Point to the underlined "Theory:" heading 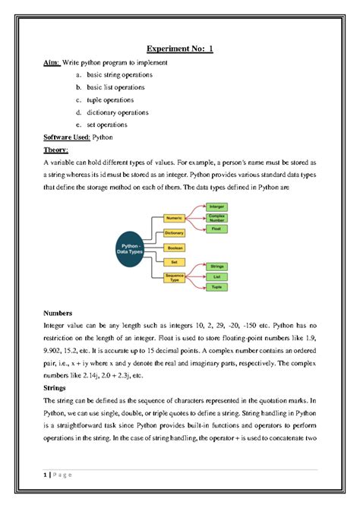(57, 150)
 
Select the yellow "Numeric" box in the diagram (174, 218)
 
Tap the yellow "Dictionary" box (174, 232)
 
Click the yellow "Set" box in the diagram (174, 261)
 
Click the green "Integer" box (216, 206)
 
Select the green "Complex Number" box (216, 217)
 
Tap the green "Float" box (216, 229)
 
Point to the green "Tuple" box (216, 289)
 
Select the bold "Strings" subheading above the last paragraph (58, 386)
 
